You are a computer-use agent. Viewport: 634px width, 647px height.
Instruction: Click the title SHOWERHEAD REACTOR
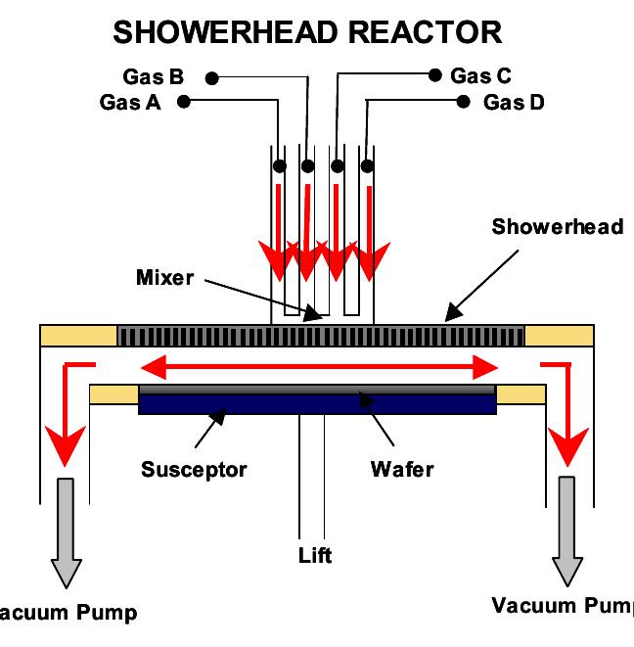click(307, 31)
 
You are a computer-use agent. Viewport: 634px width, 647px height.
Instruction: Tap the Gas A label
click(130, 102)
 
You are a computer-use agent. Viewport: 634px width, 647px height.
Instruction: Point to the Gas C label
click(480, 75)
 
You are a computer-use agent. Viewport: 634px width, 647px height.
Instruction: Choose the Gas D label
click(514, 102)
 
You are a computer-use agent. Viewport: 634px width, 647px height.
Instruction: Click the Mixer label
click(164, 277)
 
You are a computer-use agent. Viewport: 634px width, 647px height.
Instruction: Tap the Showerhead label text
click(557, 227)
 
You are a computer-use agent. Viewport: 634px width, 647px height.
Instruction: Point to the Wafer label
click(401, 469)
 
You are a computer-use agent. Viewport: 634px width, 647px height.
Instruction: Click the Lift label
click(315, 556)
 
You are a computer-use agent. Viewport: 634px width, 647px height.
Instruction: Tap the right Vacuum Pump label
click(561, 605)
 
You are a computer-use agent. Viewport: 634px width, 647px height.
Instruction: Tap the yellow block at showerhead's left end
click(78, 336)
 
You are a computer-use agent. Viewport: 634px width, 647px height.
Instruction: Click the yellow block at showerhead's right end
click(559, 336)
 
